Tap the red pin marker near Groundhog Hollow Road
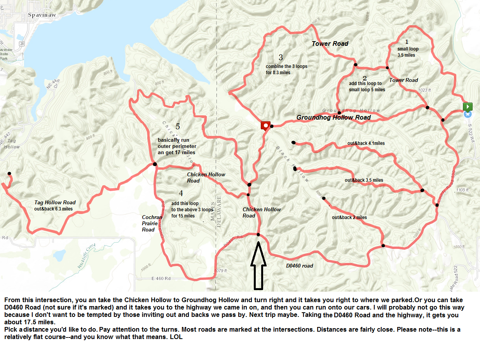point(265,125)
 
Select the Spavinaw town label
point(43,16)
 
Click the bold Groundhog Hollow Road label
point(333,117)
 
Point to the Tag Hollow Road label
point(55,202)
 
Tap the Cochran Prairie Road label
point(150,223)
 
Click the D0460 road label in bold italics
point(299,266)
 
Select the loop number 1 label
point(407,42)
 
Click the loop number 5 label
point(178,127)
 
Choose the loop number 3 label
point(281,58)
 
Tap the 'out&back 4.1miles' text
point(366,143)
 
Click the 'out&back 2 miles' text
point(349,217)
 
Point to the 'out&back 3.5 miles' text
point(364,180)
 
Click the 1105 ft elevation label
point(462,190)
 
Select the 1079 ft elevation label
point(220,271)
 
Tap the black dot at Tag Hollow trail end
point(9,174)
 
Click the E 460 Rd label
point(161,278)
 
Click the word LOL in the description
point(176,337)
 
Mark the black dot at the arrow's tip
point(258,235)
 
